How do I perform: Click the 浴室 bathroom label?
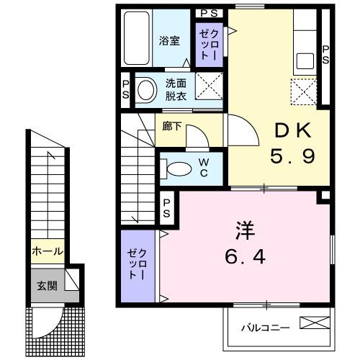[169, 41]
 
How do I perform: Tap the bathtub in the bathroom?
[135, 39]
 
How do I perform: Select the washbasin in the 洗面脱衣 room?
[147, 90]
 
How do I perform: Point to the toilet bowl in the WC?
[175, 168]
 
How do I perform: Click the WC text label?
[204, 168]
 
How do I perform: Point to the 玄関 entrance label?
[47, 284]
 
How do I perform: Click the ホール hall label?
[47, 252]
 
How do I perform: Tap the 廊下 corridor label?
[172, 126]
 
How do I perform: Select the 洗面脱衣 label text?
[176, 89]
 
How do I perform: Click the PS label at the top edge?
[210, 13]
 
